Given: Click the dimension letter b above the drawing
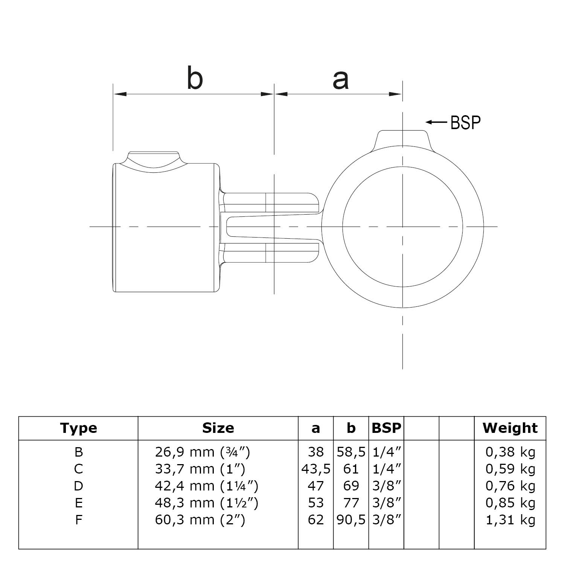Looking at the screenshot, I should [195, 78].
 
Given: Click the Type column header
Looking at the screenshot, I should [78, 428].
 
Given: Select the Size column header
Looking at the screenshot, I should [218, 428].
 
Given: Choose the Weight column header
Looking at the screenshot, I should [510, 428].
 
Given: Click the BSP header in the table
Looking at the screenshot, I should [386, 428].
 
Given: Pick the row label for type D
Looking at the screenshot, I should [78, 486].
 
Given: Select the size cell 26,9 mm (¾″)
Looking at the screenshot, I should [203, 452].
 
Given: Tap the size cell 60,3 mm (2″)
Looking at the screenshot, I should [200, 520].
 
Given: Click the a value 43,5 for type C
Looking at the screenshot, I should [316, 469].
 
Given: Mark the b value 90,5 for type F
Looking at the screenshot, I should [351, 520].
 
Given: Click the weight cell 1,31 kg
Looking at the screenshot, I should [510, 520].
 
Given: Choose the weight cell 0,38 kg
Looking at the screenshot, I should [510, 452].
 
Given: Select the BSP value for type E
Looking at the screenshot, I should [386, 503].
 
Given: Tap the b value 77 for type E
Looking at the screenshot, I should [351, 503].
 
